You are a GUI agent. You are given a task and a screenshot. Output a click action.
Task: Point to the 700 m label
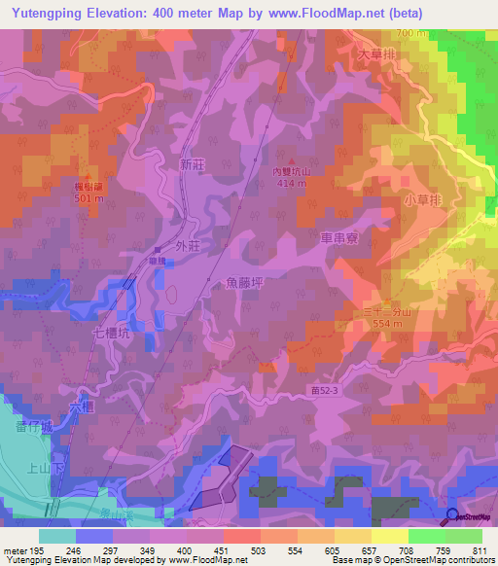pyautogui.click(x=412, y=33)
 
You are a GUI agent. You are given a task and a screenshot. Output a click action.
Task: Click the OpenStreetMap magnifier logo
pyautogui.click(x=453, y=517)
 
